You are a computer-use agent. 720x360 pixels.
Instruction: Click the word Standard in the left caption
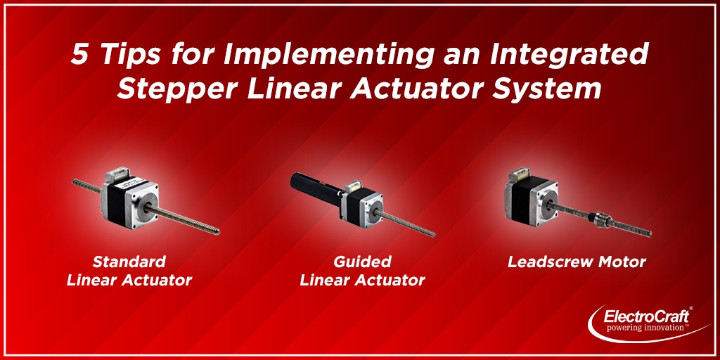click(129, 262)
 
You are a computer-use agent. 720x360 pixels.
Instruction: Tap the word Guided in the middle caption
click(362, 262)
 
